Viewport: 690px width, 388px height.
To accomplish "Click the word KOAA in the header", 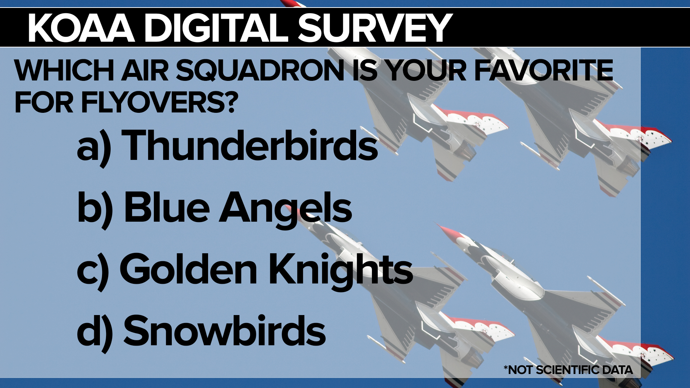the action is pos(82,28).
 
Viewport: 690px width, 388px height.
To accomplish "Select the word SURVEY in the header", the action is pos(375,28).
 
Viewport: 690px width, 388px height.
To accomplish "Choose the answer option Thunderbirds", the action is pos(250,145).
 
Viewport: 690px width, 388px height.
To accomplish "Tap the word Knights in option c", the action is pos(341,271).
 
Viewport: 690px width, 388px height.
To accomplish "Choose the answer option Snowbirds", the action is pos(225,330).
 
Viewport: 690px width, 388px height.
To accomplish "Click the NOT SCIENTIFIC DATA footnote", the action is pos(568,370).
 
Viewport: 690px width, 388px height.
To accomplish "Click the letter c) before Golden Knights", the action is pos(93,271).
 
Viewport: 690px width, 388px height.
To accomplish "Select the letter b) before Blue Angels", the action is pos(95,209).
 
